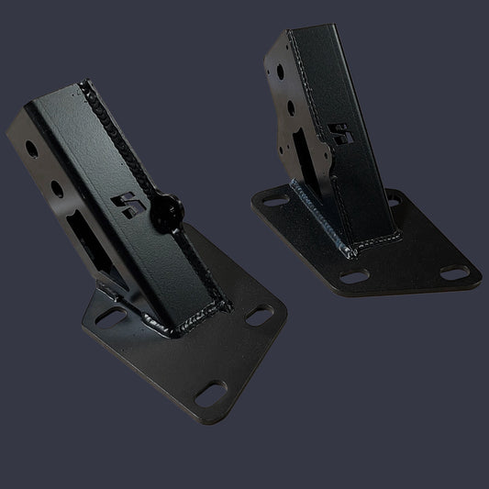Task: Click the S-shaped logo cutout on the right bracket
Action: coord(342,135)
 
